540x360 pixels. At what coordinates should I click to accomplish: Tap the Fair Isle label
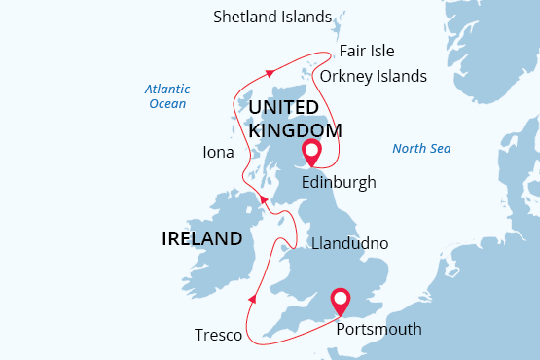point(367,52)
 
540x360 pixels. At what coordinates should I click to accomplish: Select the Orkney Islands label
point(373,76)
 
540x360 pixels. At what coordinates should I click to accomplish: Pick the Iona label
point(218,153)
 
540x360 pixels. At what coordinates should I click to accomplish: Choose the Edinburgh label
point(339,182)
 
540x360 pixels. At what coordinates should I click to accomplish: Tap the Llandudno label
point(347,242)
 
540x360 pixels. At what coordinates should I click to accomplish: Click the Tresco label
point(218,335)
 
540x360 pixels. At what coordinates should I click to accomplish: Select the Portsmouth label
point(378,329)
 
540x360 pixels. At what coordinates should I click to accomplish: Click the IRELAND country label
point(202,238)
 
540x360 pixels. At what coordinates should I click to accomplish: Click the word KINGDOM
point(295,129)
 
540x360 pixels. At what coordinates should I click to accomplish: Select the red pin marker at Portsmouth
point(341,301)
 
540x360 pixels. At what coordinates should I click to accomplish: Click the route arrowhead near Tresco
point(253,299)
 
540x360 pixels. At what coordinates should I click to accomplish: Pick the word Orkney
point(346,76)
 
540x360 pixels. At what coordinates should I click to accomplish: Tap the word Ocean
point(166,103)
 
